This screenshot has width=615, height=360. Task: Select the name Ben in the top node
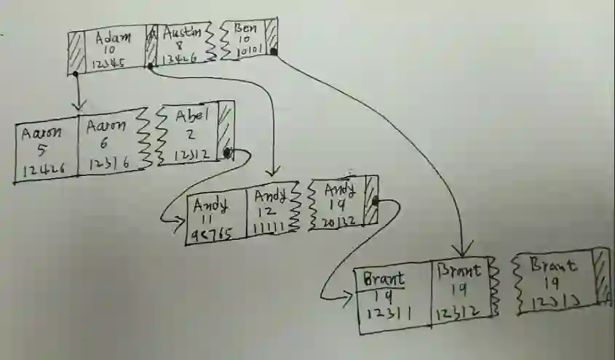tap(246, 28)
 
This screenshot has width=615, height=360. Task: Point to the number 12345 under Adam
tap(110, 64)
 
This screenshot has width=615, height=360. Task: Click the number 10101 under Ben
tap(251, 52)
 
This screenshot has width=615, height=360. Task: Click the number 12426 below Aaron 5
tap(43, 169)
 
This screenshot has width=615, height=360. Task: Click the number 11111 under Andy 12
tap(271, 228)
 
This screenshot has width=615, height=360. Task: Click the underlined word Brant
tap(384, 279)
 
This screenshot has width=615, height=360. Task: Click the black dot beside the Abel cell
tap(228, 153)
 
